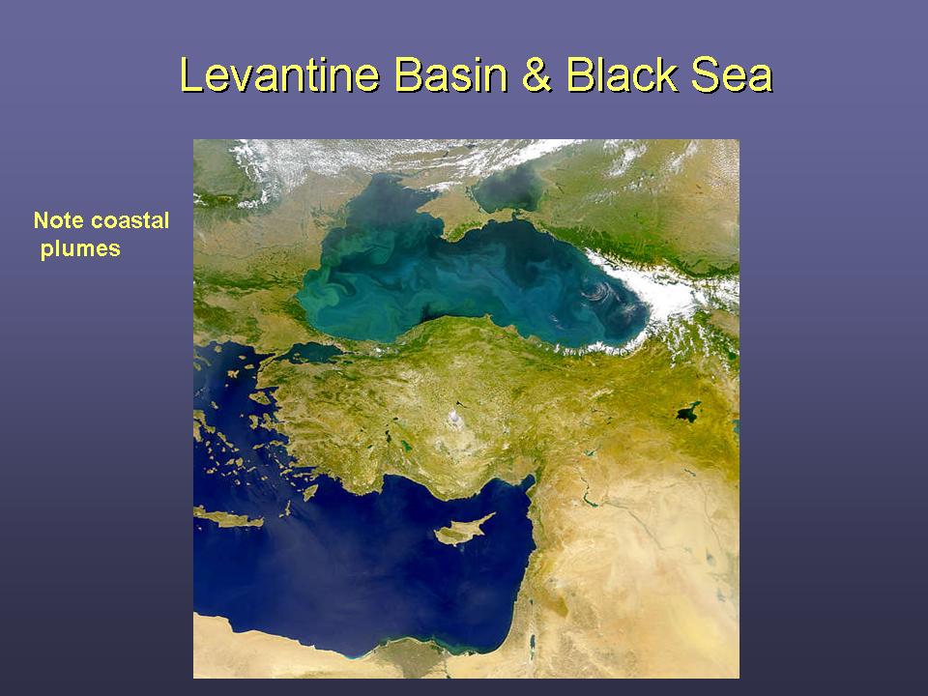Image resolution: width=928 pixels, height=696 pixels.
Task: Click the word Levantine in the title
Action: (279, 75)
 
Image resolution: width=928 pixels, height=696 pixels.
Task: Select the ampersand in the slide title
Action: (536, 75)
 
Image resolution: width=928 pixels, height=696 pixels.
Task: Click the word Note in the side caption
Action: (58, 220)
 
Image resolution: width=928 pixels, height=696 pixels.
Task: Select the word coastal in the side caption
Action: (129, 220)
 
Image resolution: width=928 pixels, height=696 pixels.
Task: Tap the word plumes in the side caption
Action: (80, 249)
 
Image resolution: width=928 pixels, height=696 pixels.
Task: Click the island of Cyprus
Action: (463, 531)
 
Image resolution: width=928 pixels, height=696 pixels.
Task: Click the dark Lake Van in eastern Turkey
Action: (688, 412)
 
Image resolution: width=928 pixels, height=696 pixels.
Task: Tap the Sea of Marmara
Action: (310, 353)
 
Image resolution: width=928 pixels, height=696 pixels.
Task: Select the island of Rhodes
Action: (309, 492)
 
